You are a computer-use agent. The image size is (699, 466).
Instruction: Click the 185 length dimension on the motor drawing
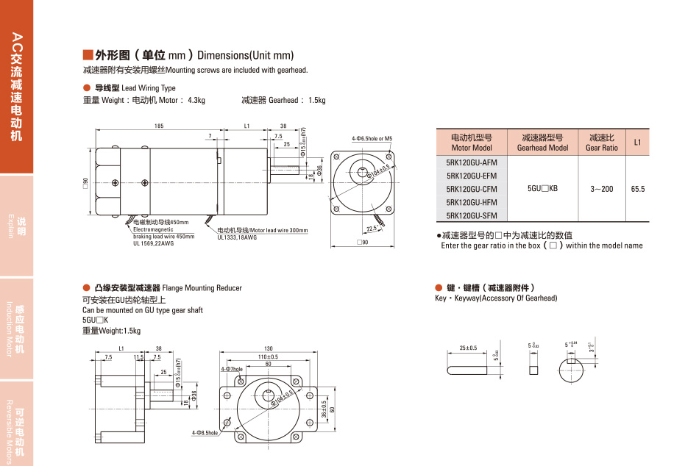(159, 126)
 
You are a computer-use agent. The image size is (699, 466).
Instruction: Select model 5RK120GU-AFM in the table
(472, 162)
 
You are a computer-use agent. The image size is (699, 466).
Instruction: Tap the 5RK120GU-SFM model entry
(472, 215)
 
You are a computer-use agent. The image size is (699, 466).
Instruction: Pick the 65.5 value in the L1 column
(637, 189)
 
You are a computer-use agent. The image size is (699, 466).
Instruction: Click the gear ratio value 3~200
(601, 189)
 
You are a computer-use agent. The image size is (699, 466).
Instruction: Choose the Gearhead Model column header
(542, 143)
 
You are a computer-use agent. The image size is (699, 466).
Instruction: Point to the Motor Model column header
(471, 143)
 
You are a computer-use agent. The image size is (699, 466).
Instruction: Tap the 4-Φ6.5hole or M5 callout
(372, 138)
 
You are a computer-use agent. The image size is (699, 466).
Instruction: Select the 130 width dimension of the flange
(269, 348)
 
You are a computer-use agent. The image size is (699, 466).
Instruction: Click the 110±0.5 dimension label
(268, 356)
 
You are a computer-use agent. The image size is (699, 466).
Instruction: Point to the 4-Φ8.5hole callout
(205, 433)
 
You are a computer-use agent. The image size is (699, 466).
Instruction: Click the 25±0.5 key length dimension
(468, 348)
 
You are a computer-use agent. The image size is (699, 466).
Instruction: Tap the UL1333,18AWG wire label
(237, 237)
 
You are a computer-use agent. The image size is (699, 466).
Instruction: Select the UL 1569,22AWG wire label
(154, 243)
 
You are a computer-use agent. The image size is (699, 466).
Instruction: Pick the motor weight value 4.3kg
(196, 101)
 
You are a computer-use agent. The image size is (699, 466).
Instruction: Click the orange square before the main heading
(88, 55)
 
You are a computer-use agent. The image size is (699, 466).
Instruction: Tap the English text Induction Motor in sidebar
(10, 328)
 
